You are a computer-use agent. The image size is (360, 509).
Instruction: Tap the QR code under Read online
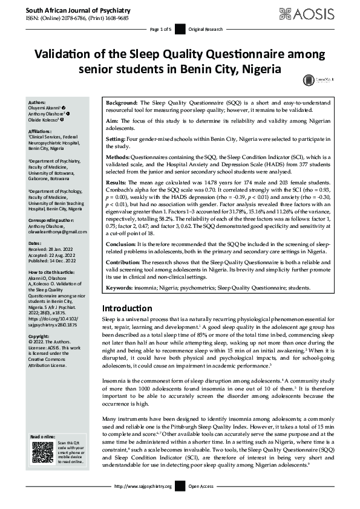(x=42, y=452)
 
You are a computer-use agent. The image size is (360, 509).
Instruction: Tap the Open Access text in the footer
(x=201, y=486)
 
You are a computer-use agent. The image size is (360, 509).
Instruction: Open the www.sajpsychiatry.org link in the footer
(x=143, y=486)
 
